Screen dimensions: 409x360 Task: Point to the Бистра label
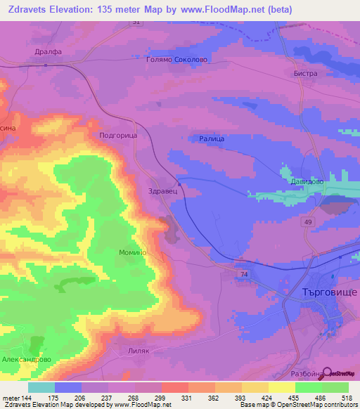point(306,73)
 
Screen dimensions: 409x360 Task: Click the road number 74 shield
point(244,273)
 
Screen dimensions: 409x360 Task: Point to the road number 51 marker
point(136,22)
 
